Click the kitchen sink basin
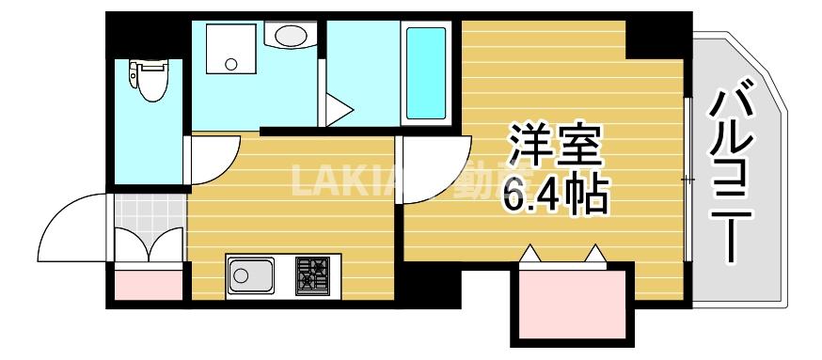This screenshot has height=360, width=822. pos(249,275)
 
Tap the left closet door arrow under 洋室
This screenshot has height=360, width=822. pos(531,253)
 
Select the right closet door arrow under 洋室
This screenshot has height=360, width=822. pos(594,253)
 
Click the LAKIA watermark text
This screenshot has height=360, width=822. pos(348,180)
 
